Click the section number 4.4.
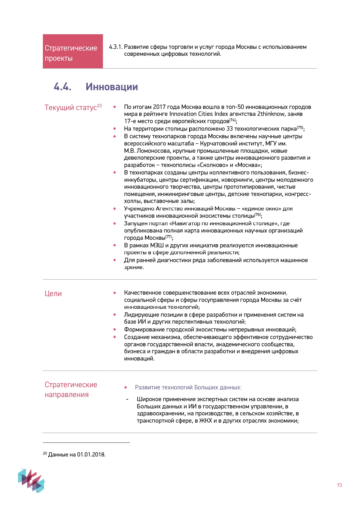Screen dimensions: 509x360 [62, 87]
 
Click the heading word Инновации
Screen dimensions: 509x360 [112, 87]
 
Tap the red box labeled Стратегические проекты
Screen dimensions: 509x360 [73, 52]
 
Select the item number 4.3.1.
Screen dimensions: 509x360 [116, 47]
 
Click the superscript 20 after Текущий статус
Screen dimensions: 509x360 [100, 106]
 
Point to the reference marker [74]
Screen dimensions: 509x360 [233, 120]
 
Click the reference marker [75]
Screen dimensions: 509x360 [300, 127]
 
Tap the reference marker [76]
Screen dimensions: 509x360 [258, 215]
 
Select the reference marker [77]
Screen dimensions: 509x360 [169, 237]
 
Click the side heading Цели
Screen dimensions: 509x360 [53, 293]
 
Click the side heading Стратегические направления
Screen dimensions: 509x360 [71, 389]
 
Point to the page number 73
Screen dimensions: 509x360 [339, 485]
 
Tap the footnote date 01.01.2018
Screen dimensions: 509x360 [91, 454]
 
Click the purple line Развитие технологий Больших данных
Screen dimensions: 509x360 [188, 387]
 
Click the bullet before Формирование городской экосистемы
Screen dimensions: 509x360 [115, 329]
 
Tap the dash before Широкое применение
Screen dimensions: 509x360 [127, 400]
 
